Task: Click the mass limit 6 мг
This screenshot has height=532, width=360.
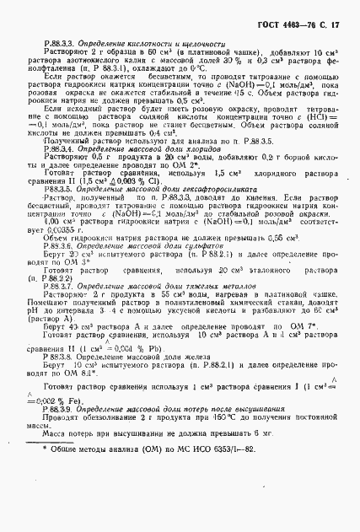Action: (x=244, y=500)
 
